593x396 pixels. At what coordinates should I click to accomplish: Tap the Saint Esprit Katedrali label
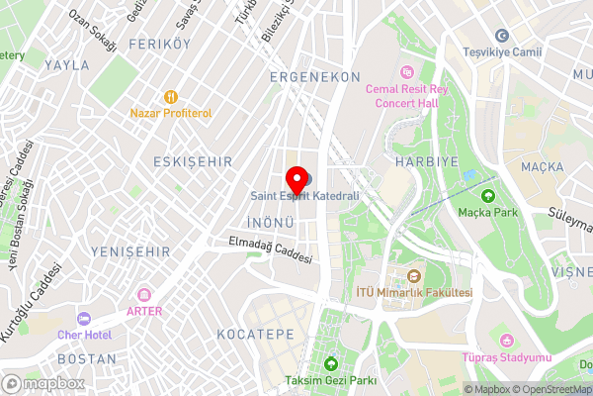304,196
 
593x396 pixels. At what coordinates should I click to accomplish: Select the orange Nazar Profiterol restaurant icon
171,97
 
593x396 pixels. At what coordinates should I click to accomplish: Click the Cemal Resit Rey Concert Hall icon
406,71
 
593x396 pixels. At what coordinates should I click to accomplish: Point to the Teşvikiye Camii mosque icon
501,36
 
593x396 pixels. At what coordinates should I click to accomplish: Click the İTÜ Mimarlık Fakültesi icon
414,276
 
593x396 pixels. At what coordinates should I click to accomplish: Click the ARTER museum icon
144,295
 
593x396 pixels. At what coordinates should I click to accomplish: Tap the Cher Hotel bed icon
83,319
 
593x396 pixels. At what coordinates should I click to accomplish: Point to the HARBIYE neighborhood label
422,160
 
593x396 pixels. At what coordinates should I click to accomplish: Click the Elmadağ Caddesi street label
270,248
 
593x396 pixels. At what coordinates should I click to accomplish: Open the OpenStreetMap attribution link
547,389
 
